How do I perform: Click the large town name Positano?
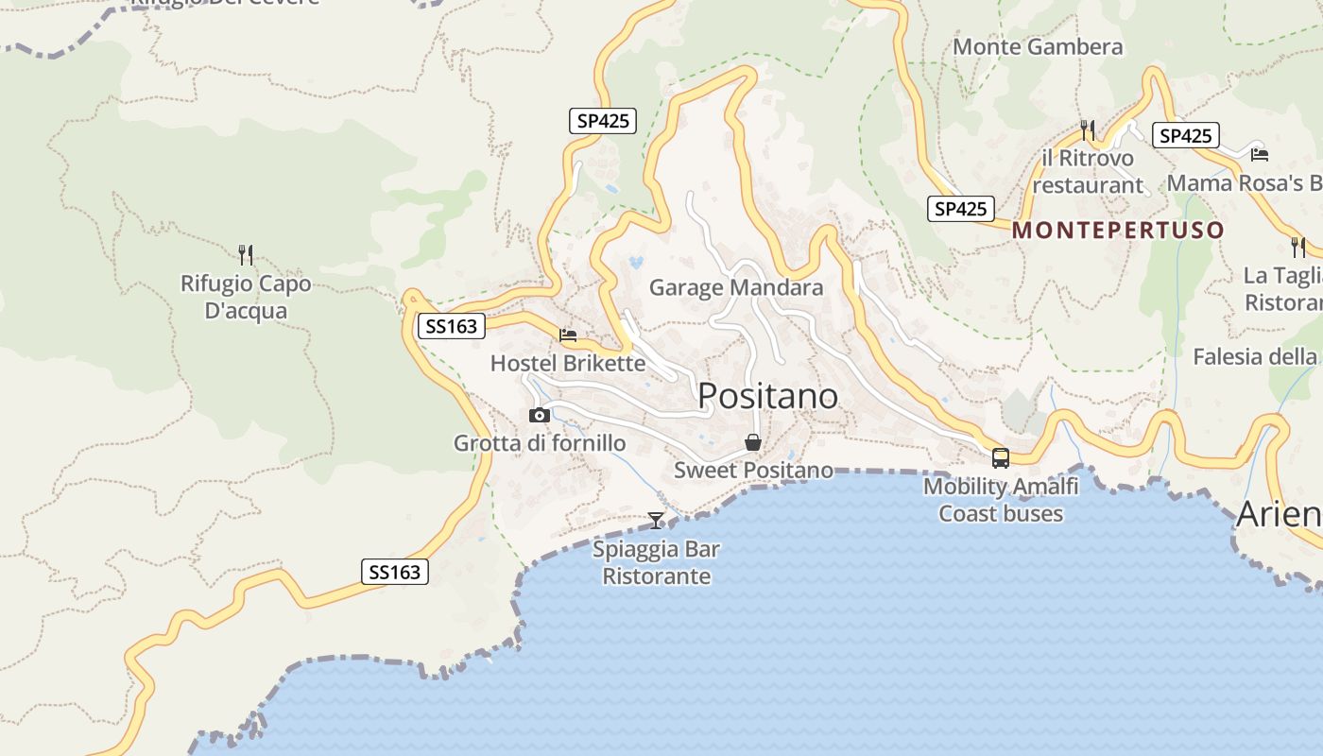(767, 396)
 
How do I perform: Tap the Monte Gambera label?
(1038, 46)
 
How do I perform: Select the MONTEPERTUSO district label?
(1118, 230)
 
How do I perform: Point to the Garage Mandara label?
(736, 287)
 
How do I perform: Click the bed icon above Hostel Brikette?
(568, 335)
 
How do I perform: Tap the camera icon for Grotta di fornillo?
(540, 415)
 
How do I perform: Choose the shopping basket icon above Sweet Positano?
(753, 442)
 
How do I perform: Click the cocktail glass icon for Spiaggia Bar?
(656, 520)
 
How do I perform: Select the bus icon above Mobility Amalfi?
(1000, 458)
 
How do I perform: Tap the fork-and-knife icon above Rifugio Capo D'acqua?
(246, 254)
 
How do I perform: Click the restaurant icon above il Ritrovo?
(1088, 129)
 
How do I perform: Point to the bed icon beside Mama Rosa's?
(1259, 154)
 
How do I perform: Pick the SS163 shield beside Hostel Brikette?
(451, 327)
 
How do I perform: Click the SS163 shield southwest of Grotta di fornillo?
(395, 572)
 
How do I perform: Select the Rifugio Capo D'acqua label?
(246, 297)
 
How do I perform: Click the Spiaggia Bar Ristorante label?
(657, 562)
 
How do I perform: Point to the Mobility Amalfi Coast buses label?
(1001, 500)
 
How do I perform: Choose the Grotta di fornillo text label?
(540, 443)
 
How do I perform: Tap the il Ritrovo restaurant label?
(1088, 171)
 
